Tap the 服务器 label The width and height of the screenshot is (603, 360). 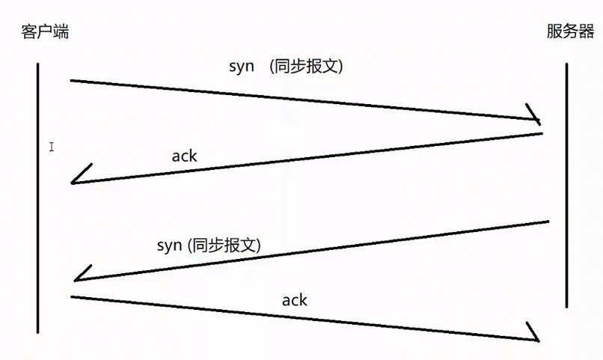570,32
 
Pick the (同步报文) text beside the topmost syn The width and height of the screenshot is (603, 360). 309,66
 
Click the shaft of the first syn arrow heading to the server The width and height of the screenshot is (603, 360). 299,100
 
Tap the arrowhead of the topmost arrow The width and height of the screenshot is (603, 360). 534,117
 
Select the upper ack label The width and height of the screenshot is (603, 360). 184,156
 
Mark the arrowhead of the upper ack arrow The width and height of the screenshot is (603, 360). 77,177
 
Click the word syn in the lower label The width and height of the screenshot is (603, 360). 170,245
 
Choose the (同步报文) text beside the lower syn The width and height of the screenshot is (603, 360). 225,245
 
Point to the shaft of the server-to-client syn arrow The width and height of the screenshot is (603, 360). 314,251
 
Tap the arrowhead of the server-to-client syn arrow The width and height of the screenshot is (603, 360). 81,275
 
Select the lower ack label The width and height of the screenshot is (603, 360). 294,300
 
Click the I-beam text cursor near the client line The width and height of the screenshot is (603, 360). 52,147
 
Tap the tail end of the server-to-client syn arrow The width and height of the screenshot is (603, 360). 548,222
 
